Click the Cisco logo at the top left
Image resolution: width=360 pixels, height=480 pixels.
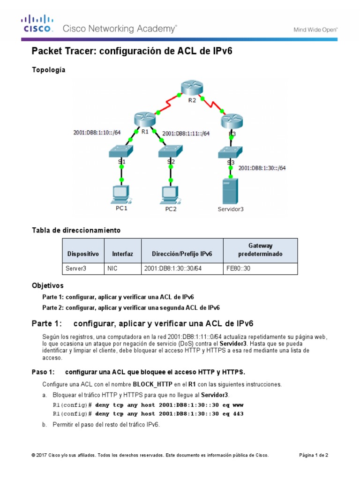(37, 23)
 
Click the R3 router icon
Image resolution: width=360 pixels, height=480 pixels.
(232, 121)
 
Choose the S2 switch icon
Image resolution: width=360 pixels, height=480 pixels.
(171, 150)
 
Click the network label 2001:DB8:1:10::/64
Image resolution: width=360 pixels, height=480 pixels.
(97, 133)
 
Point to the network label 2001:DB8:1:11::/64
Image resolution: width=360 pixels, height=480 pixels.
(186, 134)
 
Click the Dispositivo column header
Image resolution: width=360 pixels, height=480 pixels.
(83, 254)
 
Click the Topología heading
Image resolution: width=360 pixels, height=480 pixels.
(49, 70)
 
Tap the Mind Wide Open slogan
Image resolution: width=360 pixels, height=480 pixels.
(315, 29)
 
